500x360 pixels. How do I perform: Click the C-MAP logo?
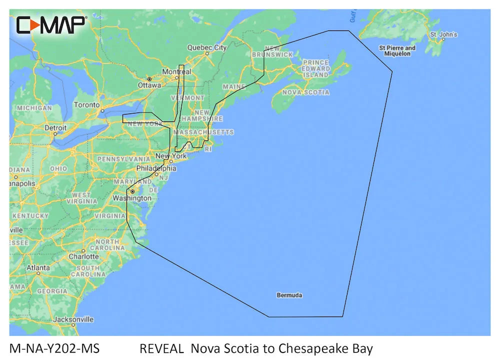tap(51, 24)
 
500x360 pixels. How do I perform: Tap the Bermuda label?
tap(289, 295)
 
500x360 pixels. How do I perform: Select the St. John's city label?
tap(443, 34)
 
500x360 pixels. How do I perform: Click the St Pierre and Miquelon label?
tap(397, 50)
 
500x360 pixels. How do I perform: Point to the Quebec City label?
tap(206, 47)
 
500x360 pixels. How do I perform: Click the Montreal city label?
tap(176, 72)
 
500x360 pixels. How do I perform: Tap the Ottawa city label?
tap(149, 85)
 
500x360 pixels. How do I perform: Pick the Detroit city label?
tap(55, 127)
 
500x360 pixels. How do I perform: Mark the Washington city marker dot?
tap(132, 191)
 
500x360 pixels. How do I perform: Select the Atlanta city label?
tap(38, 267)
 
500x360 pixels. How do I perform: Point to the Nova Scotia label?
tap(305, 92)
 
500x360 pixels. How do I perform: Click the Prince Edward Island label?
tap(316, 68)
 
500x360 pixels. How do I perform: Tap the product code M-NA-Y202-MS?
tap(54, 348)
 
